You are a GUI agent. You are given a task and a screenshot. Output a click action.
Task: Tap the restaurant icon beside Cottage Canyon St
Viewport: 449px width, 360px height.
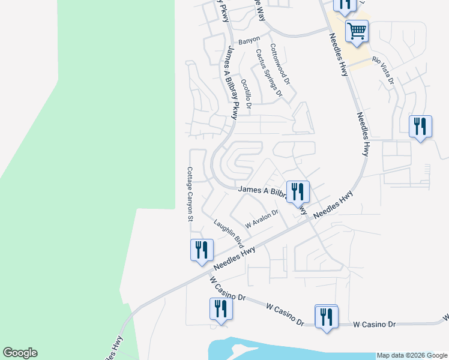click(202, 250)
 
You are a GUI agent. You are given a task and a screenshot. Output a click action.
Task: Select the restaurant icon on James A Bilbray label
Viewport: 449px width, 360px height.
click(298, 192)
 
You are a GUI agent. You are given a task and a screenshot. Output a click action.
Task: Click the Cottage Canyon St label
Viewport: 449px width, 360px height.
click(189, 194)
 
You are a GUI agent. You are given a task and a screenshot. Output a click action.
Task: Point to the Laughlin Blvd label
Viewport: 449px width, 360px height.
click(229, 234)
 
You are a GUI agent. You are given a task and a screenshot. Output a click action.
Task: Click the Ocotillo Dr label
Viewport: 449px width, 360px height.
click(245, 92)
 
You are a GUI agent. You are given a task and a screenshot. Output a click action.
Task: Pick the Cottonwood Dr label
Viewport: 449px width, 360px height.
click(280, 64)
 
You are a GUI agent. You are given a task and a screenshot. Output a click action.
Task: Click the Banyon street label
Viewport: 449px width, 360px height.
click(249, 40)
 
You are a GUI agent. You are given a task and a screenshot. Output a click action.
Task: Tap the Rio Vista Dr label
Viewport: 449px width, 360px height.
click(383, 69)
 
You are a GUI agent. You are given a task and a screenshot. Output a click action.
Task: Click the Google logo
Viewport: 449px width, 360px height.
click(20, 353)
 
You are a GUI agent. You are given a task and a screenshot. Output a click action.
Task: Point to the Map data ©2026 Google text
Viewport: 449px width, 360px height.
click(412, 355)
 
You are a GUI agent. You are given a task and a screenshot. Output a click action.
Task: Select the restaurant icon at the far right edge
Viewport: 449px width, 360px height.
click(421, 127)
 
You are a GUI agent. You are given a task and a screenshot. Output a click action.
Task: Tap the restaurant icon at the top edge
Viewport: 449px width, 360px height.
click(345, 5)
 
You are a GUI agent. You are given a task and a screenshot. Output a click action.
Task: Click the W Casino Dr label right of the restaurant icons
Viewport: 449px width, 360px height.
click(375, 325)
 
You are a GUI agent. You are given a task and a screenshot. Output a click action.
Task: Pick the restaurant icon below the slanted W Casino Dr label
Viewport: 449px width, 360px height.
click(221, 309)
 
